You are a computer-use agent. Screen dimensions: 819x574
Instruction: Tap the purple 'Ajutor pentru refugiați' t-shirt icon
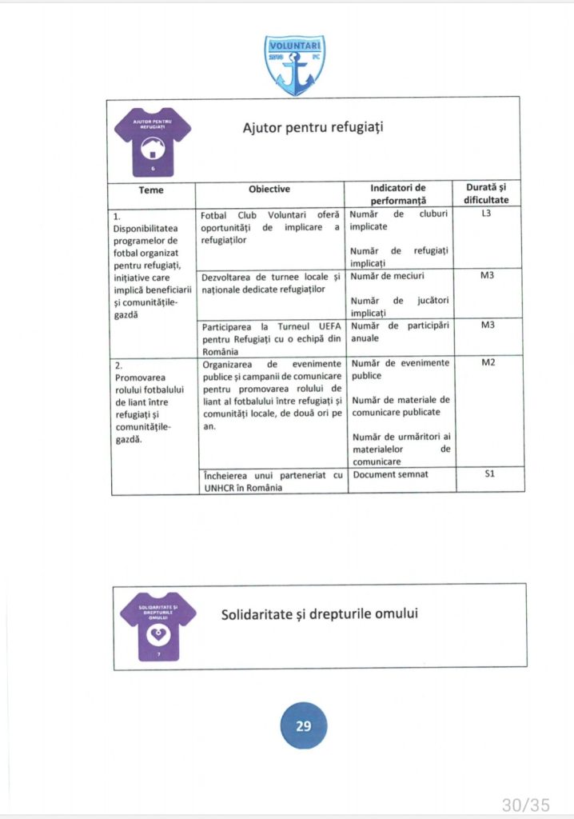[x=152, y=142]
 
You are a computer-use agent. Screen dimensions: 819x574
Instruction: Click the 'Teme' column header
[x=151, y=190]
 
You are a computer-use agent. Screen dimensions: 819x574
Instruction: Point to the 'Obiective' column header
[x=269, y=190]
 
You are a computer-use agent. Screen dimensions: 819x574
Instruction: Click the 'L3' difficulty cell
[x=486, y=215]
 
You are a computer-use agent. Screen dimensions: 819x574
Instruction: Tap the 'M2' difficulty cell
[x=486, y=363]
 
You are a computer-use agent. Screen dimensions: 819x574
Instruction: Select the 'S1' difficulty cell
[x=486, y=474]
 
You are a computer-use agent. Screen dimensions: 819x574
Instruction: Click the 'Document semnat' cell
[x=391, y=474]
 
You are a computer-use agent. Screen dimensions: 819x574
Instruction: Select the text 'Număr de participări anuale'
[x=400, y=332]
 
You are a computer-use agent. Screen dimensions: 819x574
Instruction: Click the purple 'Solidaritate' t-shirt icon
[x=157, y=625]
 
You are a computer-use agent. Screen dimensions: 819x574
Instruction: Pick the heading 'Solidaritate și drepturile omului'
[x=320, y=614]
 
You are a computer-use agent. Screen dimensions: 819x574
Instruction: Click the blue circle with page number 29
[x=303, y=726]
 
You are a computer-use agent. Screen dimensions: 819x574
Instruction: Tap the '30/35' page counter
[x=525, y=805]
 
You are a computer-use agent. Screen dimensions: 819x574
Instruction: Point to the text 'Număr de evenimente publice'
[x=400, y=369]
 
